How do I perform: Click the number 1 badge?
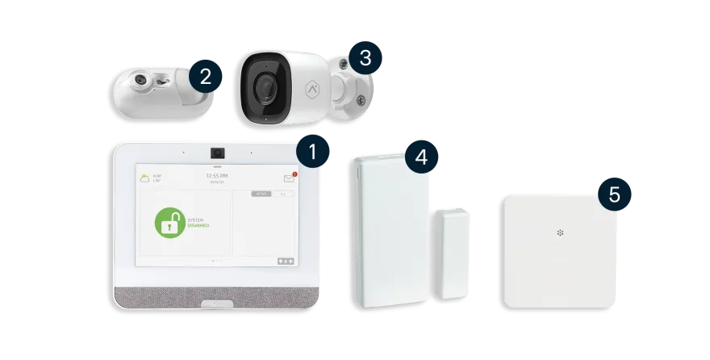tap(313, 150)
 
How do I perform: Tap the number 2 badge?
tap(205, 77)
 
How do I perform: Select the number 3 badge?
tap(365, 57)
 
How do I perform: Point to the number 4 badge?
tap(420, 157)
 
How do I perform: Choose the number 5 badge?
tap(615, 194)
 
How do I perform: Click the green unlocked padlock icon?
tap(169, 223)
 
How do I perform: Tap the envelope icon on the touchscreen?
tap(289, 178)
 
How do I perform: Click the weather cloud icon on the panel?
tap(144, 177)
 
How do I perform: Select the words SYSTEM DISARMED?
tap(198, 223)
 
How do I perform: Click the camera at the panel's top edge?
tap(216, 152)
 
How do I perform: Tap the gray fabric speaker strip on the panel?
tap(216, 295)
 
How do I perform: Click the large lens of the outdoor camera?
tap(265, 86)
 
